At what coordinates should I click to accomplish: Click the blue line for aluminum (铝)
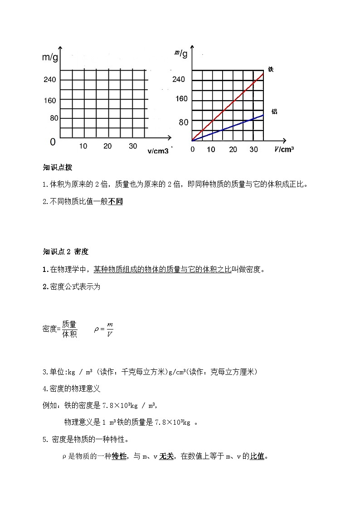coord(227,128)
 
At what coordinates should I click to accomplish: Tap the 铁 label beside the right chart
coord(271,69)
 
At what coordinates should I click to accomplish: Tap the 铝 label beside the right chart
coord(274,111)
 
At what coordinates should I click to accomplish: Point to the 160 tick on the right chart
coord(181,99)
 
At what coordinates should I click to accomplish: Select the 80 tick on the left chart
coord(51,118)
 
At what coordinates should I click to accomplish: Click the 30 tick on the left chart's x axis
coord(133,146)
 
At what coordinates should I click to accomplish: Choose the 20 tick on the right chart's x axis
coord(233,150)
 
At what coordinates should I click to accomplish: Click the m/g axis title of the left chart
coord(50,58)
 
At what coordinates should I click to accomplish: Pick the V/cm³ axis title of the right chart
coord(284,150)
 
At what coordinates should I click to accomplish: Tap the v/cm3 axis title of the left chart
coord(158,151)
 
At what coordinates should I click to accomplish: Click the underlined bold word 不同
coord(116,202)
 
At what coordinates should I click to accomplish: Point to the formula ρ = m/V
coord(103,329)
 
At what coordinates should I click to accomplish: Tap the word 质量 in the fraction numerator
coord(69,324)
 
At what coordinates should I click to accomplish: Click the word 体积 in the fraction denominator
coord(69,334)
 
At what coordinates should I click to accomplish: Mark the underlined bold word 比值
coord(258,456)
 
